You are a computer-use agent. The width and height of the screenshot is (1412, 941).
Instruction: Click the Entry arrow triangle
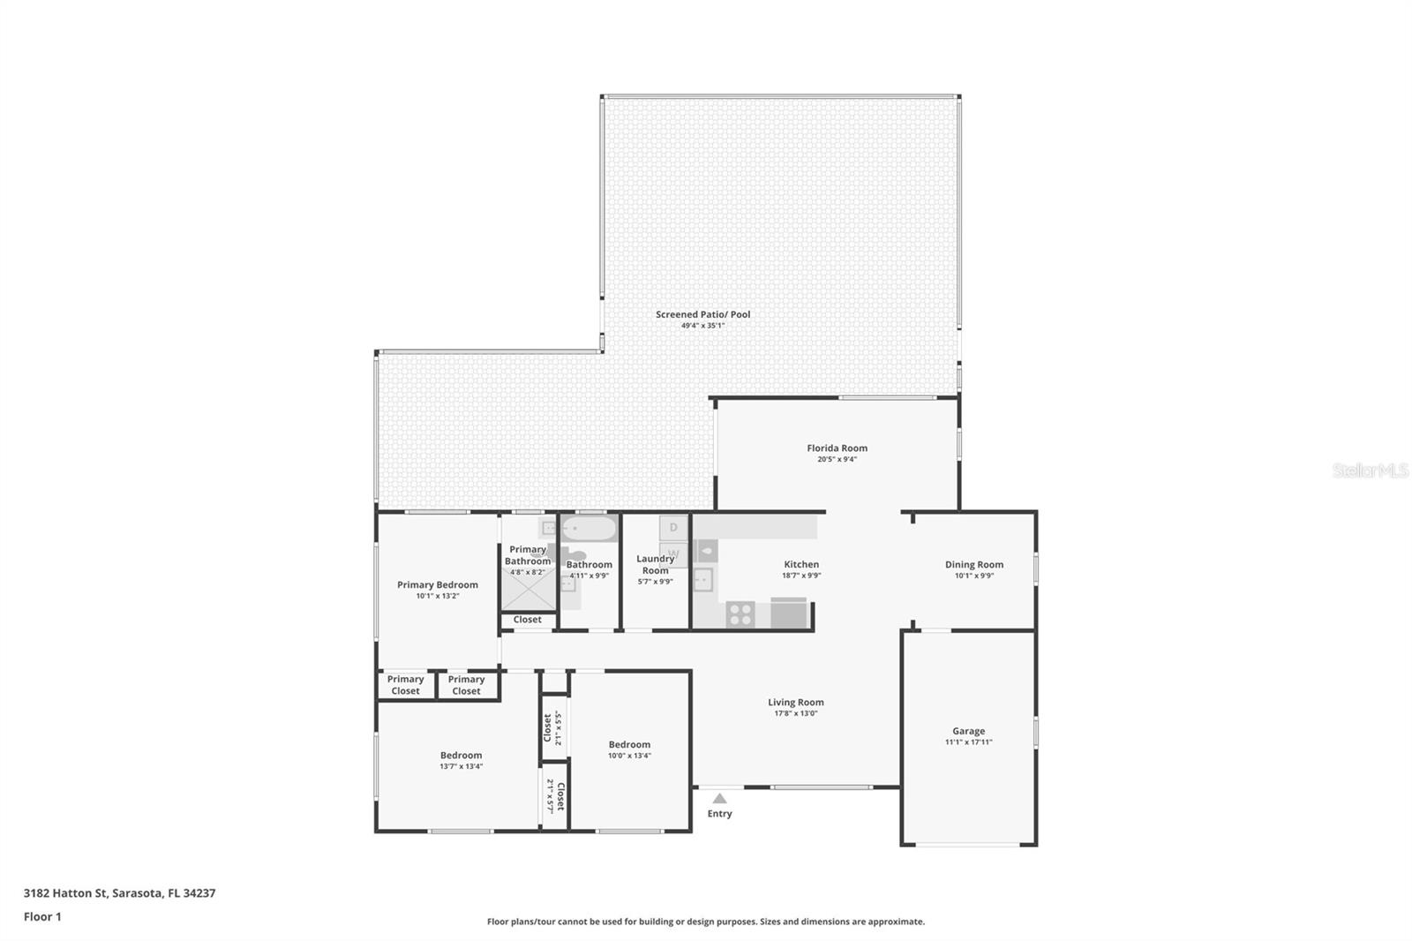click(719, 798)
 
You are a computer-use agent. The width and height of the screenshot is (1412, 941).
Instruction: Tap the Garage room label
click(968, 731)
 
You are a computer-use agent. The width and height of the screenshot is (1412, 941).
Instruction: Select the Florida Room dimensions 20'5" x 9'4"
click(837, 459)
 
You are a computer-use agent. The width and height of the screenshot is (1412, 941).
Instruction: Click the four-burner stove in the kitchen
click(740, 614)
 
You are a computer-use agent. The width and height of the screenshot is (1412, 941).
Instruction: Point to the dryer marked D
click(673, 528)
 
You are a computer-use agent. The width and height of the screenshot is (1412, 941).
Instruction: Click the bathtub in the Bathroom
click(590, 530)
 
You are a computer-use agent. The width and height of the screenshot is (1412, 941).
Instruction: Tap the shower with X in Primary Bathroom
click(528, 589)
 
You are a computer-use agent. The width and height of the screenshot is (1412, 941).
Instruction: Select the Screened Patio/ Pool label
click(702, 314)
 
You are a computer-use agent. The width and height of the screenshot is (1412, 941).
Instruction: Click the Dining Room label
click(973, 565)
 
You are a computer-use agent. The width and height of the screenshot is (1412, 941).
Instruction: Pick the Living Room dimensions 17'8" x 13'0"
click(795, 713)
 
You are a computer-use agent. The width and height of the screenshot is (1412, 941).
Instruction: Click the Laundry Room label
click(655, 564)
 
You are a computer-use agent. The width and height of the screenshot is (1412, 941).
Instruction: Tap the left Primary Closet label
click(405, 685)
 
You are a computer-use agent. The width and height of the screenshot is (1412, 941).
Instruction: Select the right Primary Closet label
click(466, 685)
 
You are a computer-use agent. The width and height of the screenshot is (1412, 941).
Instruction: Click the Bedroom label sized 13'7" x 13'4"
click(461, 756)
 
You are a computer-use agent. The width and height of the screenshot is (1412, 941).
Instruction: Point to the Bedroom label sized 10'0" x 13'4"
click(629, 745)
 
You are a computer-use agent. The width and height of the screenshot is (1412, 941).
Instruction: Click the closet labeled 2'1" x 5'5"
click(552, 728)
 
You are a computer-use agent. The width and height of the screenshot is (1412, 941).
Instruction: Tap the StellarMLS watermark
click(1370, 471)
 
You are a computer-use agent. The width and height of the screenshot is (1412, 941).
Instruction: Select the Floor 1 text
click(42, 916)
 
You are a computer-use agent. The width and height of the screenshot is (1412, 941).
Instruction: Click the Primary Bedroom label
click(437, 584)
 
